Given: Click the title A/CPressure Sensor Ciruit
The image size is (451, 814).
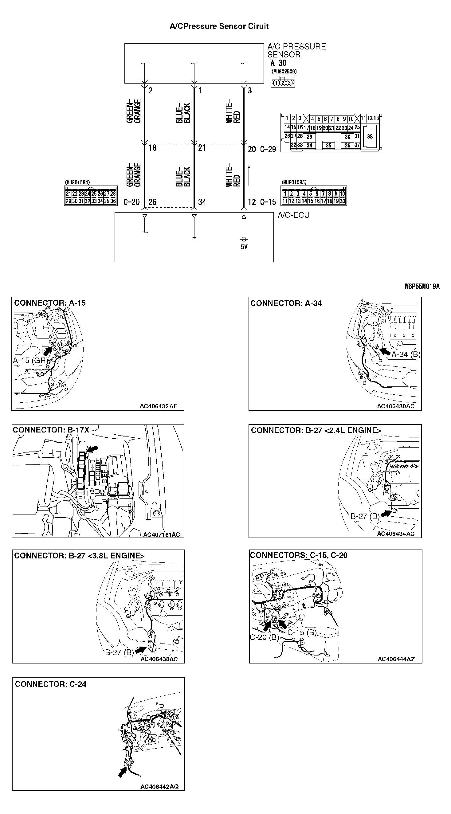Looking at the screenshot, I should (x=219, y=26).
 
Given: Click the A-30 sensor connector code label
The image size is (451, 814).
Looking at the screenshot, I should (x=278, y=63).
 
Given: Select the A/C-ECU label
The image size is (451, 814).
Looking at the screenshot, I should (x=293, y=215).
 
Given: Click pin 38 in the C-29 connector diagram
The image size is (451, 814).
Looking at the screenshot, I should (x=370, y=136).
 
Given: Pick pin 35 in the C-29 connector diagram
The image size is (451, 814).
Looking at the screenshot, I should (x=328, y=145).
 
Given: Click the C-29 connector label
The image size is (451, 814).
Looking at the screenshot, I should (x=268, y=150).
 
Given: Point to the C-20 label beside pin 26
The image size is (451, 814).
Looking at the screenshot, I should (x=131, y=202).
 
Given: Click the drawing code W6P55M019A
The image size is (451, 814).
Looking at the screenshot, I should (x=422, y=287).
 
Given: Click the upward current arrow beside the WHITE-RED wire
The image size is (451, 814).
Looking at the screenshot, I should (x=249, y=175).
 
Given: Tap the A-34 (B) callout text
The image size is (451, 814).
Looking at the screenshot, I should (x=406, y=354).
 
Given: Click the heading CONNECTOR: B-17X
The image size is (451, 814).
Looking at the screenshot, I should (x=51, y=430).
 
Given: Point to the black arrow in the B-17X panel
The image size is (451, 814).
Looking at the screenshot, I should (x=92, y=449).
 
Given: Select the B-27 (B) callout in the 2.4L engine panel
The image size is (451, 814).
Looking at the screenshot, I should (x=365, y=516).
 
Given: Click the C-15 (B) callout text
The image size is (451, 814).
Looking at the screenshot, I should (x=302, y=632).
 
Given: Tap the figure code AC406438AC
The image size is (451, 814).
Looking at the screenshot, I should (x=159, y=659).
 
